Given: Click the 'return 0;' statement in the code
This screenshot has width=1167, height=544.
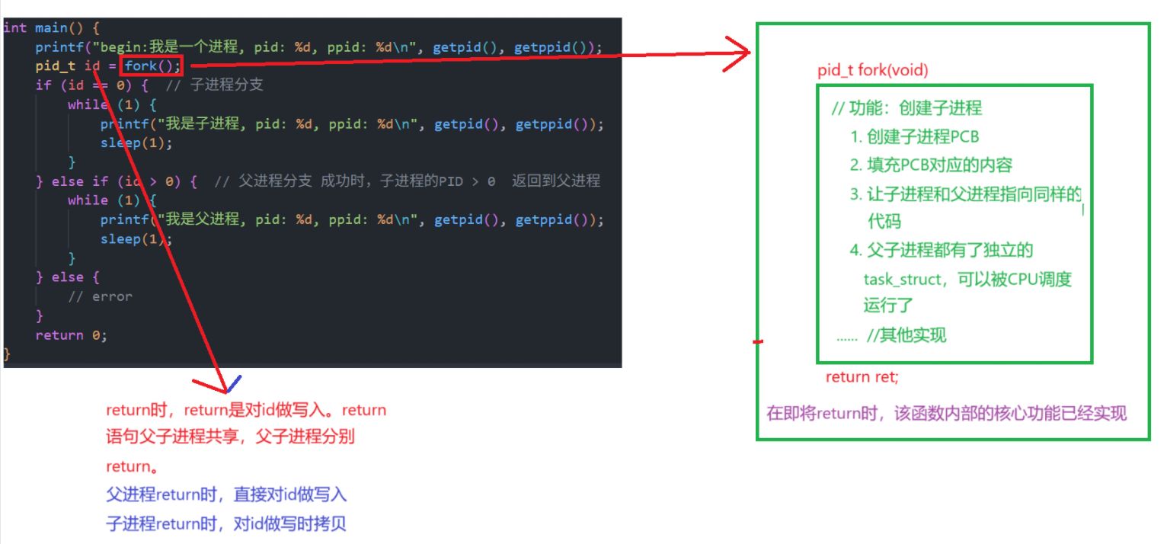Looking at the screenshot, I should [71, 335].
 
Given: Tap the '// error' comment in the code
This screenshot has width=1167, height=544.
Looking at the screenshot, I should [100, 296].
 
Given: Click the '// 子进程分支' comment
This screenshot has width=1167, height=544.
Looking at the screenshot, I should [214, 85].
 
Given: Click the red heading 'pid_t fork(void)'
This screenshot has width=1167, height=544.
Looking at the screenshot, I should [873, 71].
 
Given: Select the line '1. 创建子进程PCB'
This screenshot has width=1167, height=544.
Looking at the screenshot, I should [914, 137].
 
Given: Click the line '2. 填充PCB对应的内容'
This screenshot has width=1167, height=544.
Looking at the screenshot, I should [931, 165].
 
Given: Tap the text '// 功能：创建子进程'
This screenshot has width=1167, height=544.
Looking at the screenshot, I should [906, 108].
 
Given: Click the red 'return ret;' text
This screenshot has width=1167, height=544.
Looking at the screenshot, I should [862, 377].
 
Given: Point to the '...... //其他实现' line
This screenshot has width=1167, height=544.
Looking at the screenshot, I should [891, 335].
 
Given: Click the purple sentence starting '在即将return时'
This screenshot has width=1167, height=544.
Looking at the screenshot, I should [946, 414].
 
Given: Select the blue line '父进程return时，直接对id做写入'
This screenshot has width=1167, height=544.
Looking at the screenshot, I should [226, 495].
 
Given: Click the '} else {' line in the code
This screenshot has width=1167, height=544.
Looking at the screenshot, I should [68, 277].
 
